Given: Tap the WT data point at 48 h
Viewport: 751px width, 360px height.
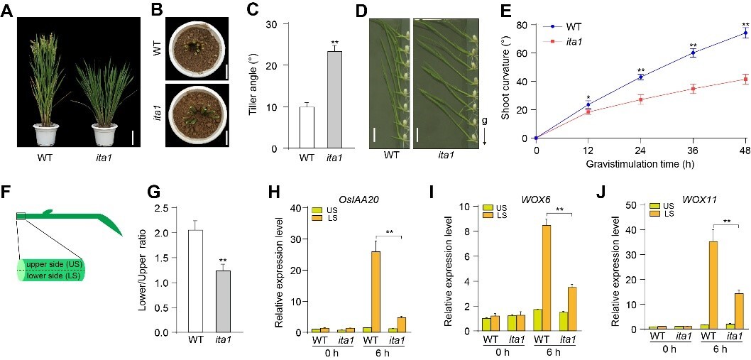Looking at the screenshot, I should click(745, 33).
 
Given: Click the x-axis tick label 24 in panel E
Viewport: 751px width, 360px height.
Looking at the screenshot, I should click(640, 151).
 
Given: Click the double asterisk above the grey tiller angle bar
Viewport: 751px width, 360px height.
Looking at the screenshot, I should click(335, 43).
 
